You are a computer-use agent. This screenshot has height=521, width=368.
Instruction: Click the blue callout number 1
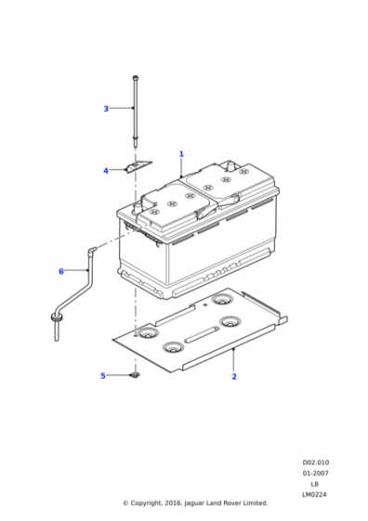point(181,154)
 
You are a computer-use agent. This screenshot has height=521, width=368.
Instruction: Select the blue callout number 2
point(234,377)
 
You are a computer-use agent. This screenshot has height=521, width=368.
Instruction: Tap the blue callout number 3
point(106,109)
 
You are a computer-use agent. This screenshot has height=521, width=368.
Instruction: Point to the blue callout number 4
point(106,171)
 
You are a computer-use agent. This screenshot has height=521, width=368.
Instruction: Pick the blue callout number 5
point(103,376)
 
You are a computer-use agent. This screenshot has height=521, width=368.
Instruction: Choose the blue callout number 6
point(61,272)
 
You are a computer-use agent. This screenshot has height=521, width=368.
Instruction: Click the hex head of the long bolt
point(136,78)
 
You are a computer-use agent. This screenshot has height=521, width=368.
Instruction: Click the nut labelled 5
point(135,375)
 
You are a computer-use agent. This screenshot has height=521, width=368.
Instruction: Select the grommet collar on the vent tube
point(56,318)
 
